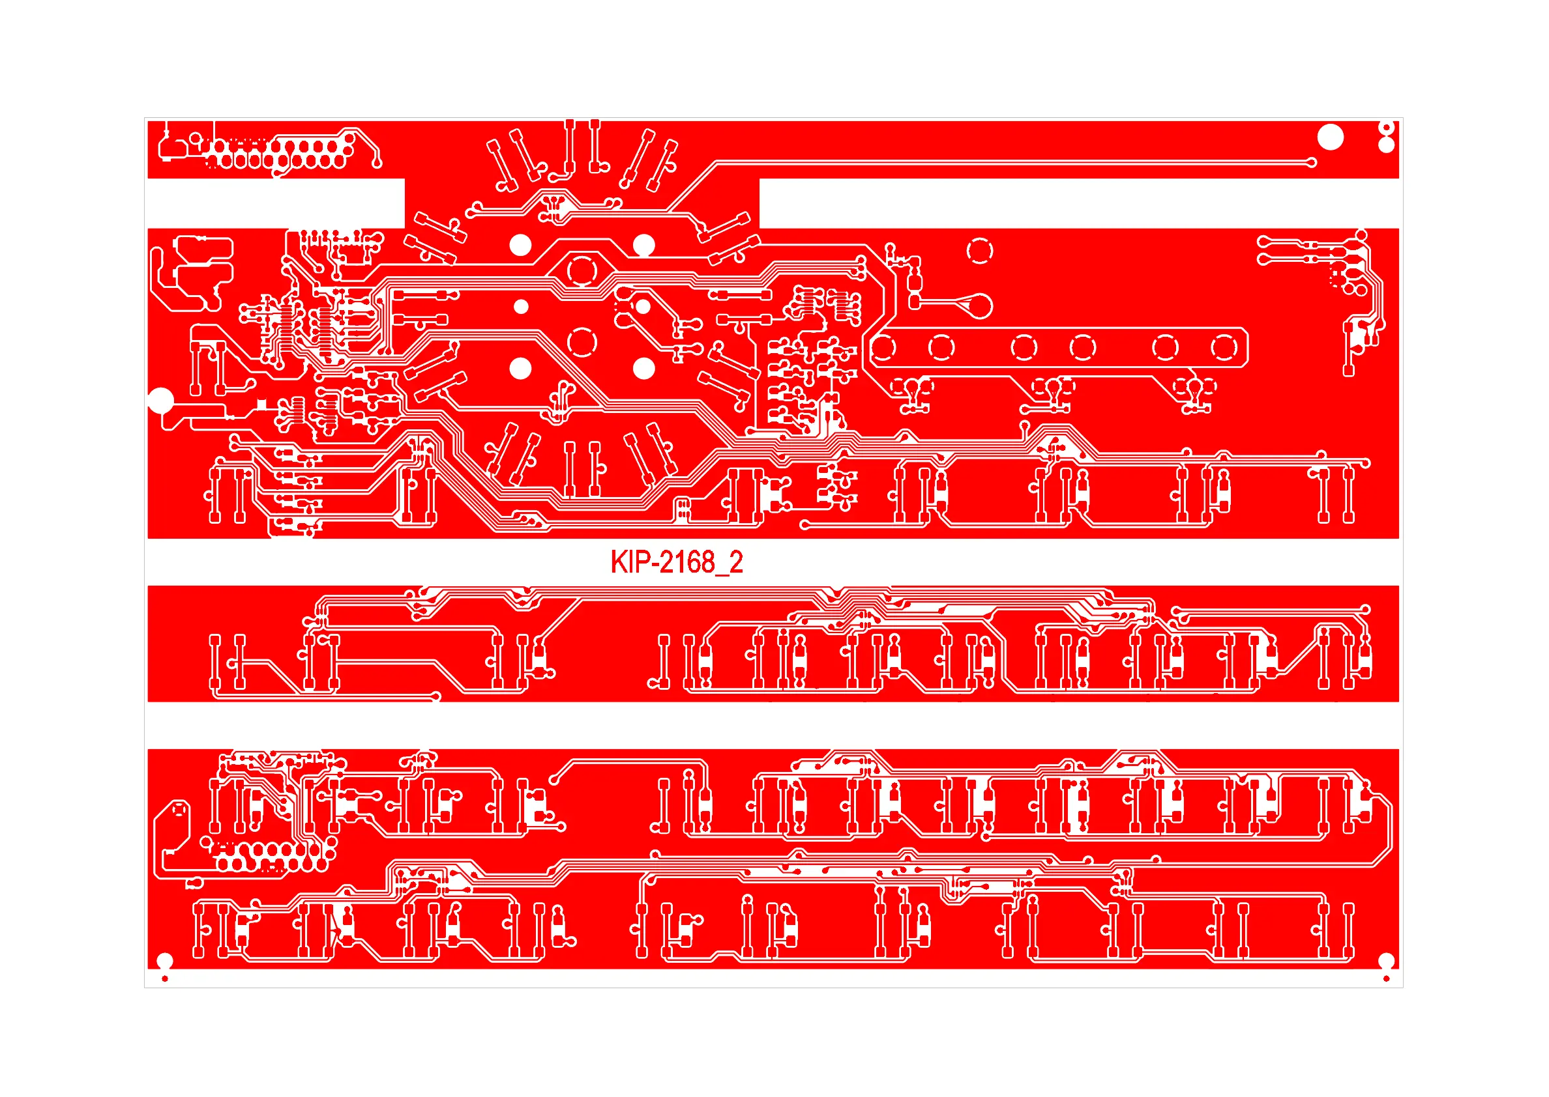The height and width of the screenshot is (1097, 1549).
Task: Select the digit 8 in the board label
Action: (x=706, y=562)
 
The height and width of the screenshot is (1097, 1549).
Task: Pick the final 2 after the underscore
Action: (x=736, y=562)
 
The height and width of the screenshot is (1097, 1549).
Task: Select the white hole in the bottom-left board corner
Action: (x=165, y=960)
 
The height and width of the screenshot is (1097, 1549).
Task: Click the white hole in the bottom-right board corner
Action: (x=1386, y=960)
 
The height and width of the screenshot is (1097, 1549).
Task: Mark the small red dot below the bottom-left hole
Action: (x=165, y=978)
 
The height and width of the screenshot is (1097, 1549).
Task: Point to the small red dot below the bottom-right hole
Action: (x=1386, y=978)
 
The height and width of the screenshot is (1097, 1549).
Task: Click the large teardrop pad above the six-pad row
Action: (x=977, y=306)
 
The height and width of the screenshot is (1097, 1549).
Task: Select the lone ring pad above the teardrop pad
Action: (x=979, y=251)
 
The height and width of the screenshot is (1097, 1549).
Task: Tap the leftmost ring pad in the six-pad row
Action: (x=883, y=348)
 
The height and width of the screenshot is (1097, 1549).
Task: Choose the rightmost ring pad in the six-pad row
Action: (x=1224, y=348)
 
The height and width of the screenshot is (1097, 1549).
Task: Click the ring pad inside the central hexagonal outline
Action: (x=582, y=272)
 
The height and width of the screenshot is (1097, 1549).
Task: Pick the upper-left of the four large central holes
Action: (x=520, y=245)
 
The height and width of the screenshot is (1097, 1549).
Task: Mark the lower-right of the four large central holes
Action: (x=643, y=369)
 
